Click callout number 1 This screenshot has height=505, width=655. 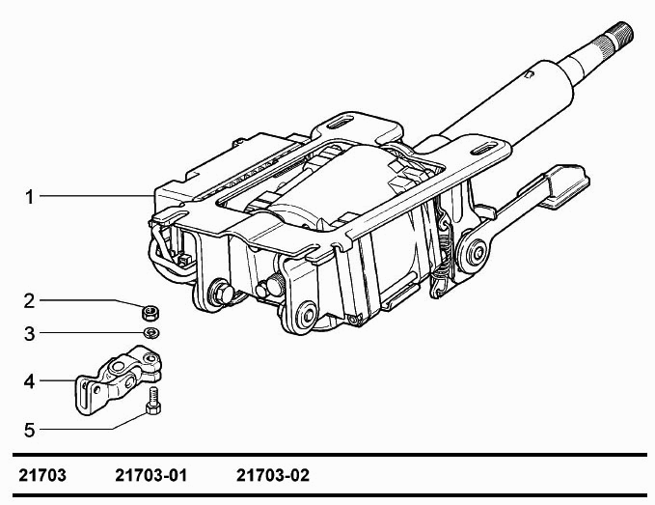29,197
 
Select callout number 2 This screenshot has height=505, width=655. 29,301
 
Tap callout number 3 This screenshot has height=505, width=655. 29,334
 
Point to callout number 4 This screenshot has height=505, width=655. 29,381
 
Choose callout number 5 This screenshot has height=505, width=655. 29,431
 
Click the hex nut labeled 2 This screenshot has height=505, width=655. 150,312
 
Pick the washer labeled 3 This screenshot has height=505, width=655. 150,333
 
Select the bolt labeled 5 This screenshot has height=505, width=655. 153,401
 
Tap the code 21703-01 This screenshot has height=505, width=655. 150,476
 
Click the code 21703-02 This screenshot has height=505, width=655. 273,476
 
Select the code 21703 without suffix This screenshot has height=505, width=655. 42,476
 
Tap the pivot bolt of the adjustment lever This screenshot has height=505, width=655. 477,253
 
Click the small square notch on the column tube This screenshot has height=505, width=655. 530,74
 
